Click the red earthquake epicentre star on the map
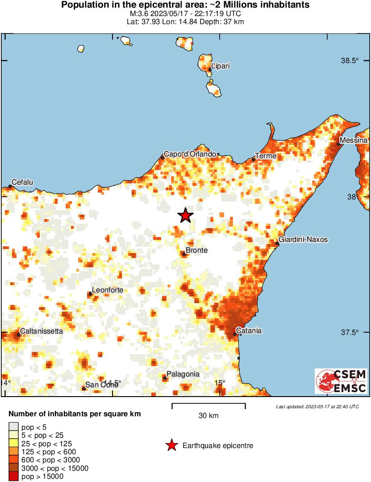(x=185, y=216)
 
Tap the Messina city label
(x=353, y=141)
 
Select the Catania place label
(x=249, y=331)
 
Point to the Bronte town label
(x=196, y=250)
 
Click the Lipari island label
(x=221, y=66)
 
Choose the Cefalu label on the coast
(x=22, y=182)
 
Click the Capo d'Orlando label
(x=190, y=154)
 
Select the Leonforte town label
(x=108, y=290)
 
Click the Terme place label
(x=266, y=156)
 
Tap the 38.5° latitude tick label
(x=350, y=61)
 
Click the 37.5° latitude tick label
(x=350, y=333)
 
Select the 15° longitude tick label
(x=220, y=383)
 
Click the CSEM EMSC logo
(x=342, y=381)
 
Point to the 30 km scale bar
(x=208, y=406)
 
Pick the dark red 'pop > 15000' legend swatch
(x=14, y=477)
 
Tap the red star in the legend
(x=171, y=445)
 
